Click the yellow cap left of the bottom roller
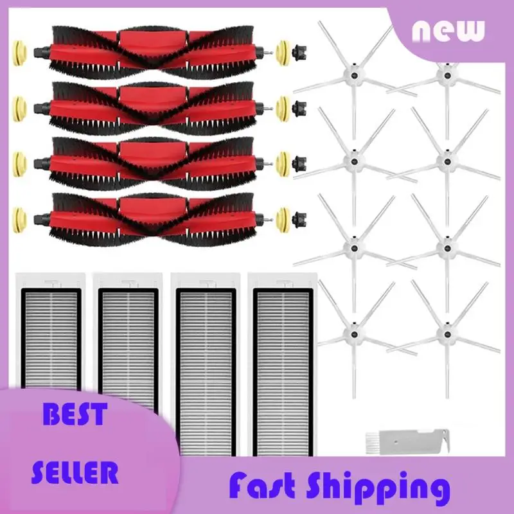(x=19, y=216)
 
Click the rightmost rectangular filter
(x=283, y=366)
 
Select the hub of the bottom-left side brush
(x=352, y=332)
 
